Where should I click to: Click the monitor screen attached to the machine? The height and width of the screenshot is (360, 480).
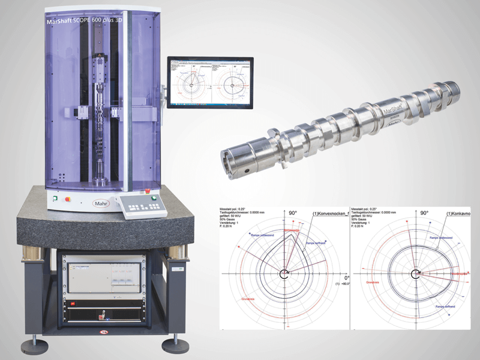coord(210,83)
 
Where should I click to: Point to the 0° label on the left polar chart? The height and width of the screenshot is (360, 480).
coord(346,278)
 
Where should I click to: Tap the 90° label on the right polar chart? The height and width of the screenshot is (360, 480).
coord(424,213)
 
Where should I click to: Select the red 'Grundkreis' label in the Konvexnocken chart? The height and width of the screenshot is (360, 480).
coord(248,300)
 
